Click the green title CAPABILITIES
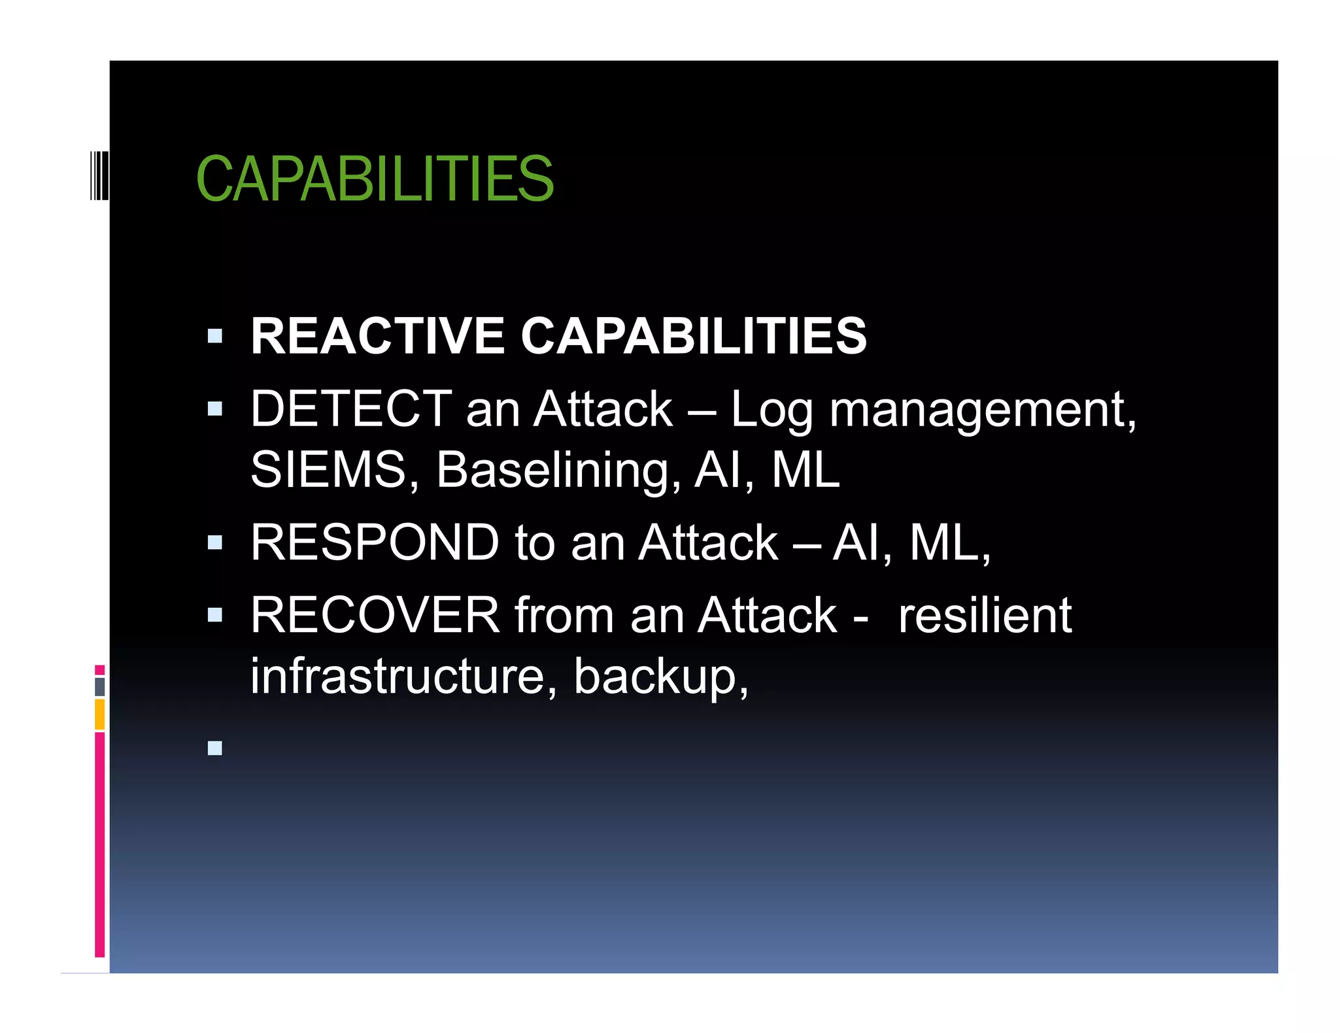click(x=375, y=178)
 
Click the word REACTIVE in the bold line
click(x=377, y=336)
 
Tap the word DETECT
click(x=351, y=409)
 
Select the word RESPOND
click(x=375, y=542)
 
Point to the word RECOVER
click(x=375, y=615)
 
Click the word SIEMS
click(x=329, y=469)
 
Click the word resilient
click(x=985, y=615)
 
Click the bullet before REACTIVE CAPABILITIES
click(x=214, y=337)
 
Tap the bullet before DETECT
click(x=214, y=409)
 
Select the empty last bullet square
click(x=214, y=748)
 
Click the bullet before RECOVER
click(x=214, y=614)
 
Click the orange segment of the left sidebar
click(x=99, y=714)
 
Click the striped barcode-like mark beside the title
click(x=99, y=175)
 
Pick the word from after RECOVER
click(x=564, y=615)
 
